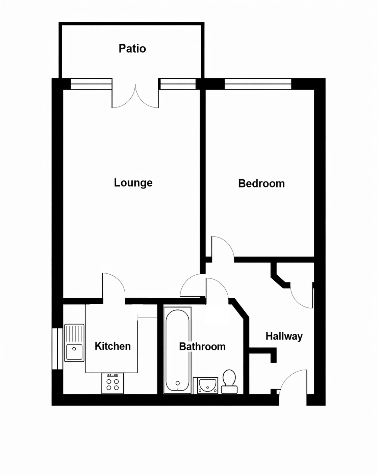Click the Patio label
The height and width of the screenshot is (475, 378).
(x=132, y=48)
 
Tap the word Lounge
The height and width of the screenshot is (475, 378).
(x=133, y=183)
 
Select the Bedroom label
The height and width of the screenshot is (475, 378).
(x=261, y=184)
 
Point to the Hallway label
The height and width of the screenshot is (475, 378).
(x=284, y=336)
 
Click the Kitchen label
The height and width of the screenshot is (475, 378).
(x=113, y=346)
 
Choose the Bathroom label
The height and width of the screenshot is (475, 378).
(x=202, y=347)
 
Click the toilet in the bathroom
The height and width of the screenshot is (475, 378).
(x=229, y=382)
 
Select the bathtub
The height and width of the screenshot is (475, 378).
(x=177, y=350)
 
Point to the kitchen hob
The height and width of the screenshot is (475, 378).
(x=112, y=383)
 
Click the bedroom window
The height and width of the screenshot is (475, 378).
(x=258, y=84)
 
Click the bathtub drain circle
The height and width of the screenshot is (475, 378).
(x=178, y=383)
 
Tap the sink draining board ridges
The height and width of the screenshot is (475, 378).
(x=74, y=333)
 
